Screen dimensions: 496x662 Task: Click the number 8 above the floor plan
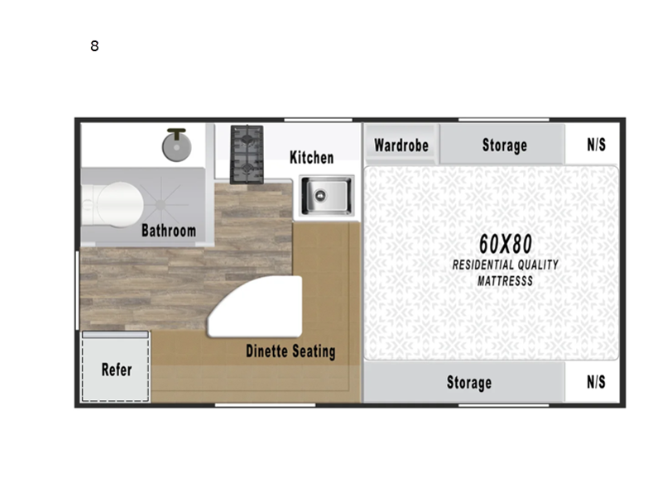click(94, 46)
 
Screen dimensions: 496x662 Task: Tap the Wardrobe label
click(401, 145)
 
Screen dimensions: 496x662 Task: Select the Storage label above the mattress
click(504, 145)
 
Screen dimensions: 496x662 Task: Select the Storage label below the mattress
click(469, 382)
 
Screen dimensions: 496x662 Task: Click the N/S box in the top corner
click(596, 145)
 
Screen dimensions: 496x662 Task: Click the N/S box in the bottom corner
click(596, 382)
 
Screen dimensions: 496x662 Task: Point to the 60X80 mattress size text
click(505, 243)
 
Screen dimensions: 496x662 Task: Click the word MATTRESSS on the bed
click(505, 281)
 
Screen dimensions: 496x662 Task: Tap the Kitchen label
click(311, 157)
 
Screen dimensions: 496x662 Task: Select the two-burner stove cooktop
click(246, 154)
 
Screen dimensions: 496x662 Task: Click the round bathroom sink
click(175, 147)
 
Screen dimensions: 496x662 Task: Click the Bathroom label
click(168, 230)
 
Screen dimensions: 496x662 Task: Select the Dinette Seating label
click(290, 351)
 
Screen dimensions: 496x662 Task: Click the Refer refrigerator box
click(116, 369)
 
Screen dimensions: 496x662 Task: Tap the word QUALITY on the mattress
click(536, 265)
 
